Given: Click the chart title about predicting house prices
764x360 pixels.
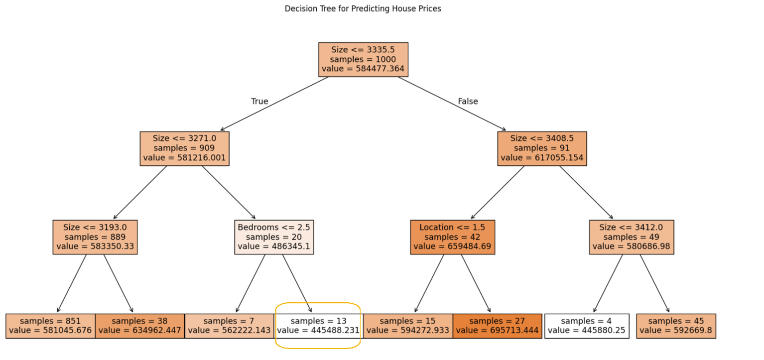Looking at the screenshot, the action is point(363,8).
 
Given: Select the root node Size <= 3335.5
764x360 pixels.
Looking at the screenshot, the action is point(363,60).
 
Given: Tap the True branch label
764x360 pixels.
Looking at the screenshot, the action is point(259,101).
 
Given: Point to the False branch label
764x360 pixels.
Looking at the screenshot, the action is point(468,101).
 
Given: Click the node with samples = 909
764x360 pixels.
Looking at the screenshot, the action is point(184,149).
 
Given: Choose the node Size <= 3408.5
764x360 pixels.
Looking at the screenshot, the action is point(542,149).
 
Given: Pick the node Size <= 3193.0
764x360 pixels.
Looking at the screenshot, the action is point(95,238).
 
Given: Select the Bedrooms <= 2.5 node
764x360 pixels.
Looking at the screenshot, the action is point(274,238).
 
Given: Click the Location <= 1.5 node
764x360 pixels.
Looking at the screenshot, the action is point(453,238).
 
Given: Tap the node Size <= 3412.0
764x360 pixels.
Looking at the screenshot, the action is point(632,238).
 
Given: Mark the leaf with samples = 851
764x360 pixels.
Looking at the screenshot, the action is point(50,326).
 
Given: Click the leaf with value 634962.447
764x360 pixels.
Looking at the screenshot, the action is point(140,326).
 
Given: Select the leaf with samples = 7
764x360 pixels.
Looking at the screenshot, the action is point(229,326).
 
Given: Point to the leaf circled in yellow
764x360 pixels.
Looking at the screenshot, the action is point(318,326).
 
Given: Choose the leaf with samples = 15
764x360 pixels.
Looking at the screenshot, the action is point(408,326).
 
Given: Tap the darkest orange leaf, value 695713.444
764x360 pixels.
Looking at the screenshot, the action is point(497,326).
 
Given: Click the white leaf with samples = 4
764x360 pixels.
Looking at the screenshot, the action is point(587,326).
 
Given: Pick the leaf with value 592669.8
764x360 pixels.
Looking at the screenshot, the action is point(676,326).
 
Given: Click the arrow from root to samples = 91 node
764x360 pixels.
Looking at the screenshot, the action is point(452,104).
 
